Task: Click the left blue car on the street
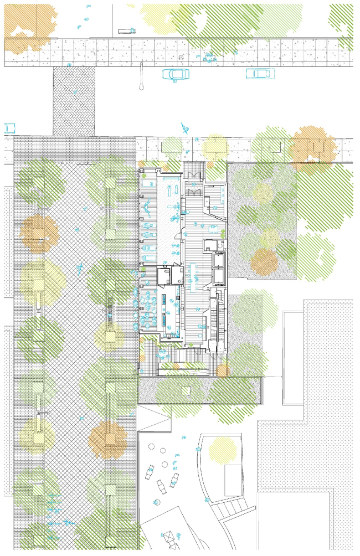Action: pyautogui.click(x=175, y=74)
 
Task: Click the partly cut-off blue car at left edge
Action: pyautogui.click(x=8, y=128)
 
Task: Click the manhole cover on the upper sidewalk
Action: pyautogui.click(x=181, y=57)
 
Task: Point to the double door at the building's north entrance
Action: pyautogui.click(x=194, y=192)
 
